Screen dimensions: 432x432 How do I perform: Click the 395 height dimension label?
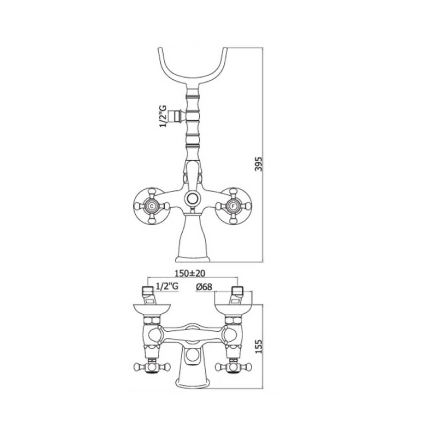pos(259,164)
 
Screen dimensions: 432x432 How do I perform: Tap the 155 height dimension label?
pos(259,346)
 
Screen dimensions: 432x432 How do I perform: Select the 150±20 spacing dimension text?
pos(190,273)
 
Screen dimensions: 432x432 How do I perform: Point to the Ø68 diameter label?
pos(204,287)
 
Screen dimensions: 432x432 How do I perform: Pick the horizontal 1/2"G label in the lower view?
pos(167,286)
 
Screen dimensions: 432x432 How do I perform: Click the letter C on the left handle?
pos(151,206)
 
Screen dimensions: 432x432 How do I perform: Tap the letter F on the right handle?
pos(233,206)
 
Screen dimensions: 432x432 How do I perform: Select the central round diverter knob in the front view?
pos(192,198)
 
